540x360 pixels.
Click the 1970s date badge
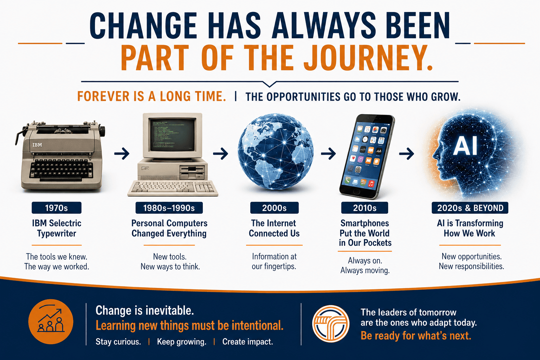click(x=56, y=208)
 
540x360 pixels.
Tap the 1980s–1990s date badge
click(x=169, y=208)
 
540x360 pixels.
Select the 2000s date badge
click(x=274, y=208)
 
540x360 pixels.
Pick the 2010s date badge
click(x=365, y=208)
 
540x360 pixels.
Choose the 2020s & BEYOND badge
click(x=470, y=208)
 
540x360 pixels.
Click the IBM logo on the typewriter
click(x=37, y=145)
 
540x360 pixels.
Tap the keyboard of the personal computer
click(x=173, y=188)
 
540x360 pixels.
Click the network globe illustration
click(x=276, y=152)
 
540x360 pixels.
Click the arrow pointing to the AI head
click(x=407, y=154)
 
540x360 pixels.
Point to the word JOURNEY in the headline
click(x=368, y=58)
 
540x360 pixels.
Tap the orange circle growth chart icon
click(x=51, y=322)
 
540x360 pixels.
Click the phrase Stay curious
click(x=118, y=342)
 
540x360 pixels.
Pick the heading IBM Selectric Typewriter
click(x=57, y=229)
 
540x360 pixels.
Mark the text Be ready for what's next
click(x=416, y=336)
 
